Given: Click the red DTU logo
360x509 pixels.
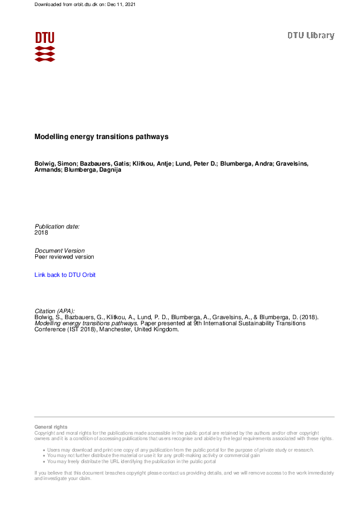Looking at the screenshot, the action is pyautogui.click(x=45, y=47).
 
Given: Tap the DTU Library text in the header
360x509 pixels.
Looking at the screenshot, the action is pyautogui.click(x=310, y=36).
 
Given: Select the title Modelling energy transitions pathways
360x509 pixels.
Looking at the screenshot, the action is pyautogui.click(x=101, y=137).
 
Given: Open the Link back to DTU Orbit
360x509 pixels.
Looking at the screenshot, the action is pyautogui.click(x=65, y=275).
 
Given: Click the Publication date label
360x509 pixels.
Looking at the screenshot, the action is pyautogui.click(x=57, y=227).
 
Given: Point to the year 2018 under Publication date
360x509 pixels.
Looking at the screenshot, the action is pyautogui.click(x=41, y=233).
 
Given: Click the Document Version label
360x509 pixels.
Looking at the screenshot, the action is pyautogui.click(x=59, y=251).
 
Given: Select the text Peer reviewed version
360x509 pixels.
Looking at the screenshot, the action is pyautogui.click(x=64, y=257).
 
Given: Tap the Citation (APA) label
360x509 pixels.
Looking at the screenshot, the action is pyautogui.click(x=54, y=311).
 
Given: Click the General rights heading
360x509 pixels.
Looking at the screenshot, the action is pyautogui.click(x=51, y=427).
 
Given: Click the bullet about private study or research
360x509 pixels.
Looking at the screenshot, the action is pyautogui.click(x=180, y=450).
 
